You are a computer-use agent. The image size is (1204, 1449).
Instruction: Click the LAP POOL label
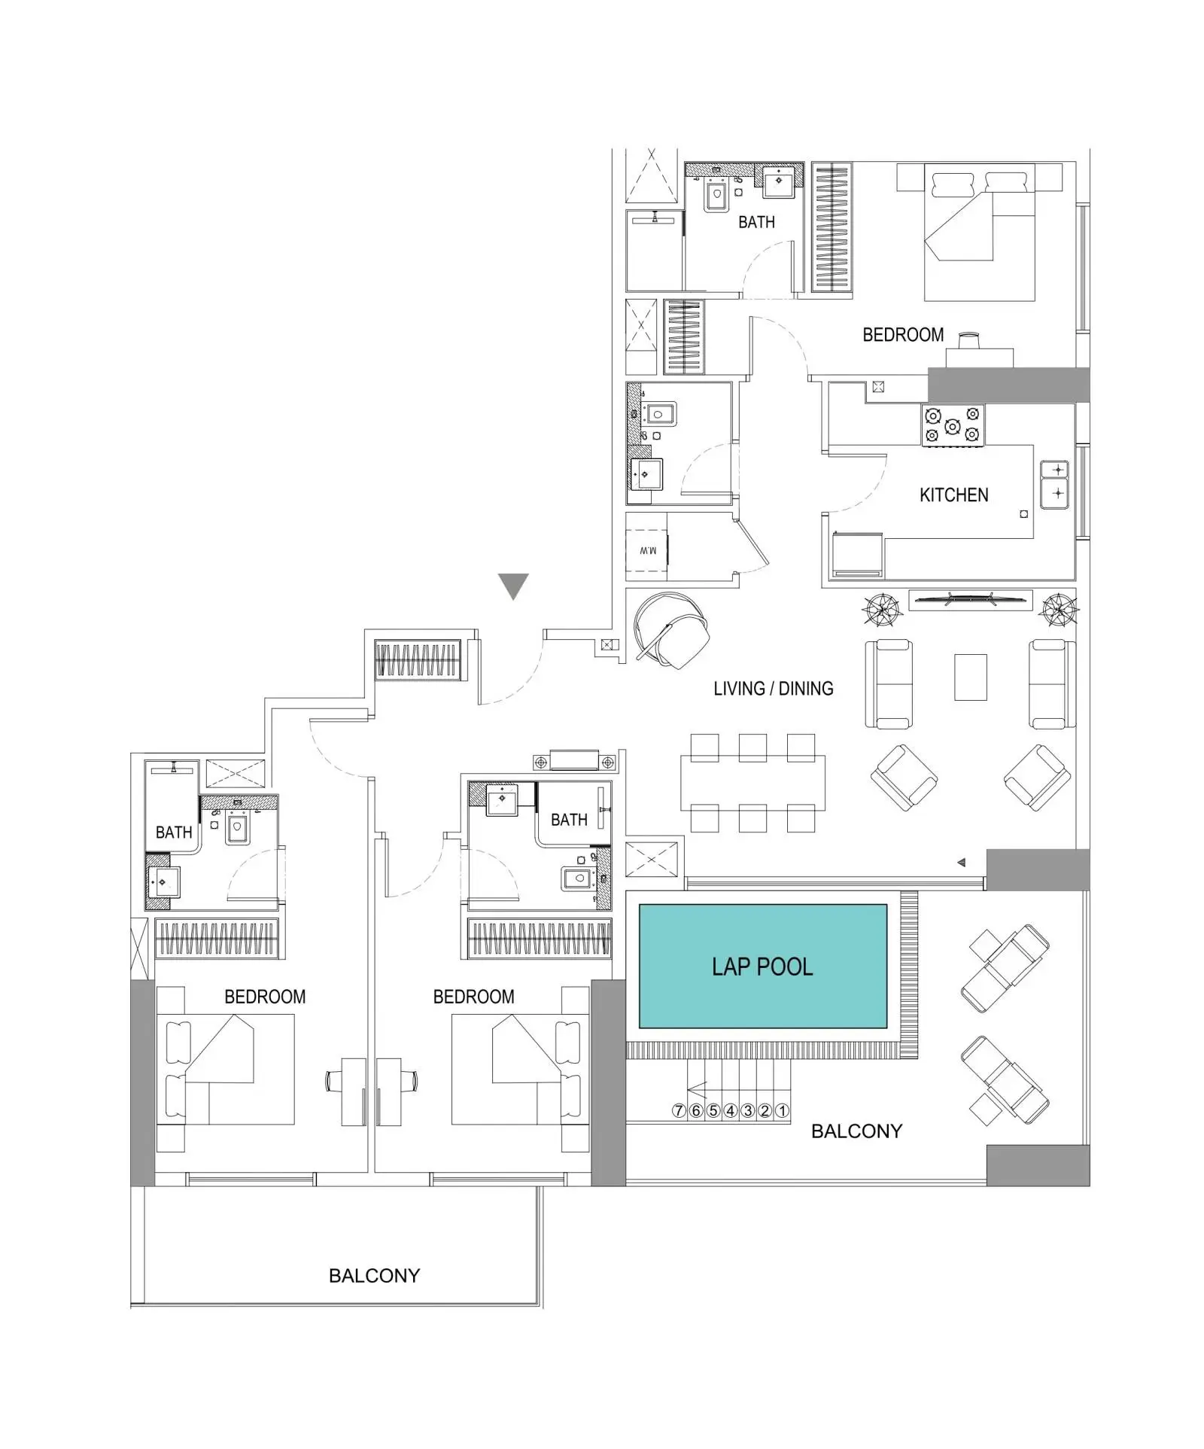pyautogui.click(x=762, y=967)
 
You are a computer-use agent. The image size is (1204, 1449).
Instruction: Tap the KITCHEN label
pyautogui.click(x=953, y=495)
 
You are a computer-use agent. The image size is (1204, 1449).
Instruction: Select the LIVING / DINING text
pyautogui.click(x=773, y=688)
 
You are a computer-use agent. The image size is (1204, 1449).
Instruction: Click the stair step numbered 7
pyautogui.click(x=679, y=1110)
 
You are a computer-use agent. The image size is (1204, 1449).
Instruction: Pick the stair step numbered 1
pyautogui.click(x=782, y=1110)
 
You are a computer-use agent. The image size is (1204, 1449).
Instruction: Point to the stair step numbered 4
pyautogui.click(x=730, y=1110)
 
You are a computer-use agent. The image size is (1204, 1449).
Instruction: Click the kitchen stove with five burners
pyautogui.click(x=952, y=425)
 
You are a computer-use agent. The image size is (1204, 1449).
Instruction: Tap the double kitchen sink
pyautogui.click(x=1053, y=484)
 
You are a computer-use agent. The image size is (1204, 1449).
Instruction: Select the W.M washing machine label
pyautogui.click(x=648, y=550)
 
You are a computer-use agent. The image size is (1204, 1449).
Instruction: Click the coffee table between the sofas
pyautogui.click(x=970, y=677)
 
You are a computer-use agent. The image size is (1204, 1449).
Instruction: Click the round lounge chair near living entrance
pyautogui.click(x=672, y=630)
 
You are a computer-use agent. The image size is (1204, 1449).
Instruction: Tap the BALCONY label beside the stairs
pyautogui.click(x=856, y=1131)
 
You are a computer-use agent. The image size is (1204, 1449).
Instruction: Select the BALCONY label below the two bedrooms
pyautogui.click(x=374, y=1275)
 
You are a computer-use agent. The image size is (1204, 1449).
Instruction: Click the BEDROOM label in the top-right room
pyautogui.click(x=903, y=334)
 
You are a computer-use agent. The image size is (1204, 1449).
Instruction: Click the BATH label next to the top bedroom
pyautogui.click(x=756, y=222)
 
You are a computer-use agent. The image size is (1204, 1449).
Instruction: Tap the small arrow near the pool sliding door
pyautogui.click(x=961, y=863)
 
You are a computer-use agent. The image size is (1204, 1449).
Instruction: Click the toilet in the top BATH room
pyautogui.click(x=717, y=198)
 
